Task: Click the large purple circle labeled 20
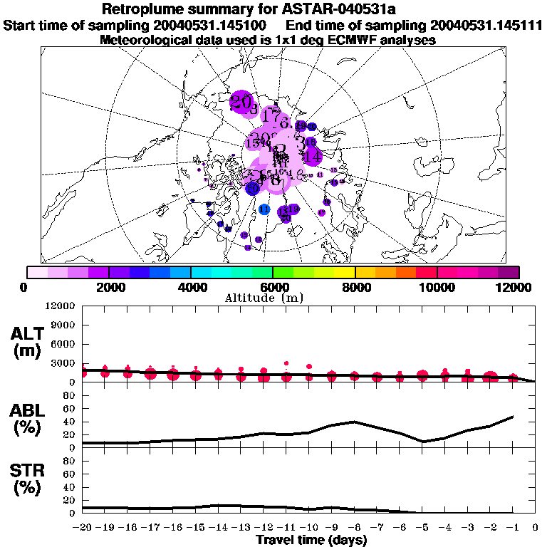point(243,101)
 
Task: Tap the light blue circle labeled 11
point(264,209)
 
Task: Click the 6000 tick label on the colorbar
point(273,287)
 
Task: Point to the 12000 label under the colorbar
point(516,287)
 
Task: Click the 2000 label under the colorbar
point(108,287)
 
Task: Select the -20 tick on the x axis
point(83,528)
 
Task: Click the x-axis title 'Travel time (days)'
point(311,540)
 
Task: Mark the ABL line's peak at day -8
point(354,422)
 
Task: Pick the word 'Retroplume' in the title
point(147,9)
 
